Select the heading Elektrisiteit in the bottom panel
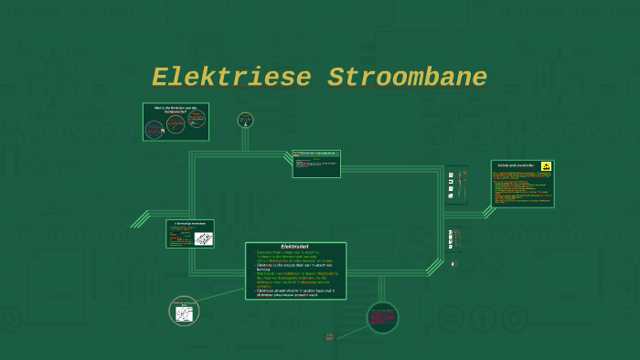tap(294, 247)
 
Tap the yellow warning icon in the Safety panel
tap(546, 166)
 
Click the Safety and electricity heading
tap(515, 165)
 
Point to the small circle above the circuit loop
tap(245, 120)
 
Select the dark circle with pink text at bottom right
tap(382, 318)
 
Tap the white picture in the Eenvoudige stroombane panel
tap(203, 238)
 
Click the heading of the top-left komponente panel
tap(176, 108)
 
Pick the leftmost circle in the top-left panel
tap(155, 128)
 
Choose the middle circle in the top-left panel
tap(176, 124)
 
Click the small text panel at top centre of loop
tap(316, 164)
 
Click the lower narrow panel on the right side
tap(451, 239)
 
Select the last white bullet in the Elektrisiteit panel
tap(295, 292)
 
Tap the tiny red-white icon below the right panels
tap(453, 263)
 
